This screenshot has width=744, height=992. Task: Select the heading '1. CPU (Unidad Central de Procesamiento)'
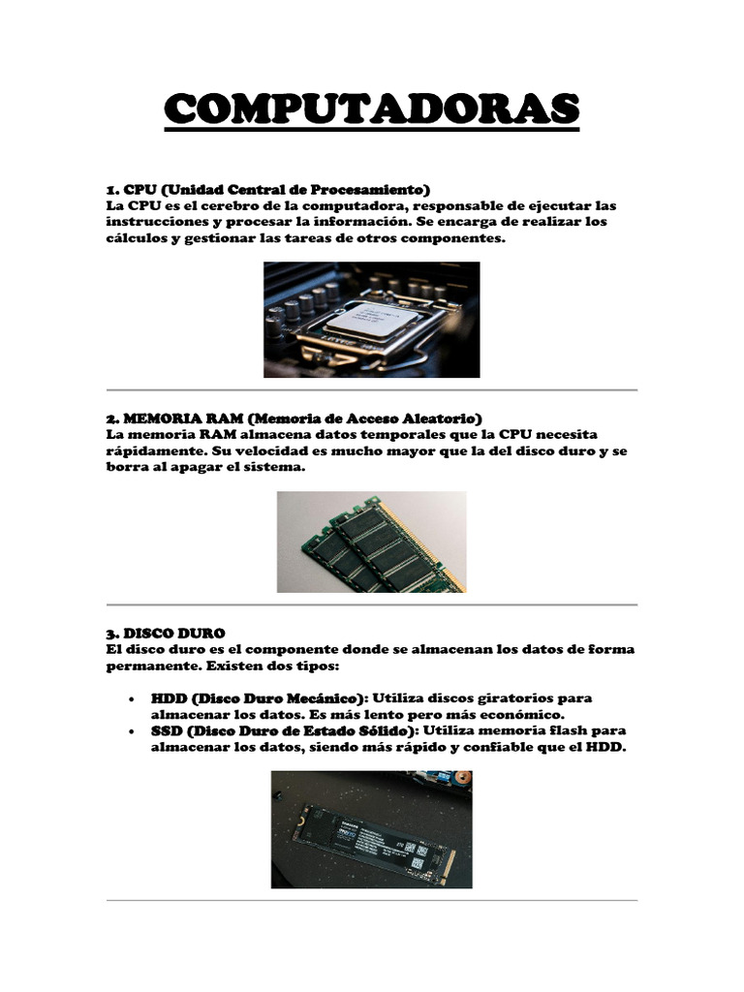pos(267,188)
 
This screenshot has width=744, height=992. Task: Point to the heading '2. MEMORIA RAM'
pos(173,418)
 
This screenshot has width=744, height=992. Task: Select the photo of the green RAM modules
pos(371,542)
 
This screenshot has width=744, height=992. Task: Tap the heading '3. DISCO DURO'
pos(165,633)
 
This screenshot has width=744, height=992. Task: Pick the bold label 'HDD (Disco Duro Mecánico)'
pos(259,697)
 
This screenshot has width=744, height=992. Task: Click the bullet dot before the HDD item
pos(130,698)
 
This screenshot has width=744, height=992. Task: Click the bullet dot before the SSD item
pos(130,730)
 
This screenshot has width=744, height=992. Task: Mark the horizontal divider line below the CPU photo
pos(371,389)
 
